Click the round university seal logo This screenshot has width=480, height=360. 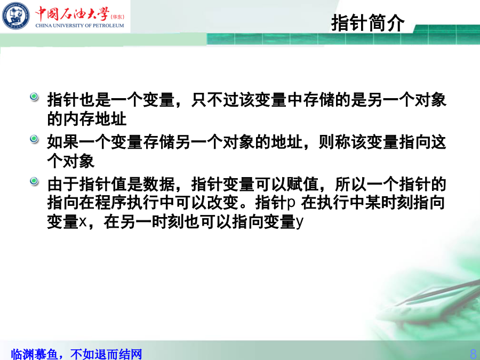point(16,16)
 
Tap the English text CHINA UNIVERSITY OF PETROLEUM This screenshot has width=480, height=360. point(79,26)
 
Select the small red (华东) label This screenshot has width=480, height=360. point(117,17)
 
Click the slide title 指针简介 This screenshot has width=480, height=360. point(367,22)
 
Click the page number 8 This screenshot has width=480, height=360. point(473,353)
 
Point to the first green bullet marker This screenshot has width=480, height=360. point(34,97)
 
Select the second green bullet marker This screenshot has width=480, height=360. point(34,139)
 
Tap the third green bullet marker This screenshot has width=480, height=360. point(34,181)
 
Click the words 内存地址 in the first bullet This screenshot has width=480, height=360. point(95,119)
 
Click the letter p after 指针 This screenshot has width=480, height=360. point(291,203)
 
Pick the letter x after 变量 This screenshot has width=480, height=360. point(83,222)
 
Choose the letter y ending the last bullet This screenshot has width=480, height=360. point(300,222)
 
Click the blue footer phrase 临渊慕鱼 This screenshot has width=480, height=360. point(34,354)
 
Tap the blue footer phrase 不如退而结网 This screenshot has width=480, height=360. point(106,354)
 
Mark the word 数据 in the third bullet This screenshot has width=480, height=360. point(158,185)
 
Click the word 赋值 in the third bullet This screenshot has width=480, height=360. point(302,185)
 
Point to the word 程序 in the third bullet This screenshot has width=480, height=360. point(111,203)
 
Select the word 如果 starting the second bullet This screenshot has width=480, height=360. point(63,142)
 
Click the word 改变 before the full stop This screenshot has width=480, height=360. point(222,203)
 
